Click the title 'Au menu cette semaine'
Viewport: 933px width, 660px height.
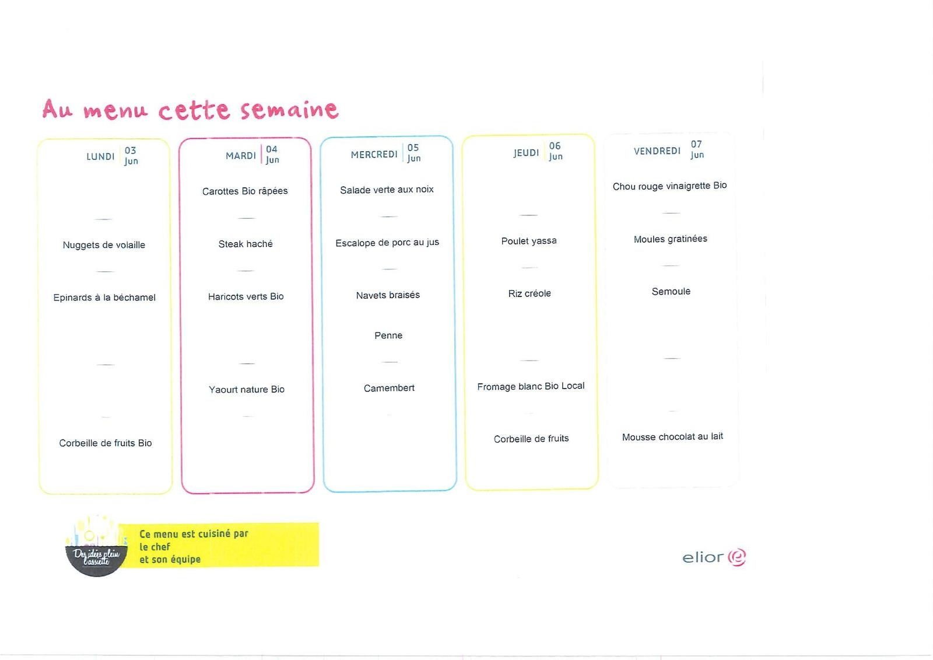coord(190,110)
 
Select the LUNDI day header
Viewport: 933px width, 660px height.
coord(100,157)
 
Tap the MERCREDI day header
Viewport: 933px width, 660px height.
coord(374,155)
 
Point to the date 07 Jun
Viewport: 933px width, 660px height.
coord(697,149)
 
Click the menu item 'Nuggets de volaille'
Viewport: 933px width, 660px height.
coord(104,245)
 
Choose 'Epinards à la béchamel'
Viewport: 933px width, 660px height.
coord(104,298)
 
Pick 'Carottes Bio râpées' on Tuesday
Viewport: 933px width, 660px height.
coord(245,191)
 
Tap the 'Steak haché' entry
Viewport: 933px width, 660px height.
coord(245,244)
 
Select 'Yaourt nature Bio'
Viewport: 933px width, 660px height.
coord(247,389)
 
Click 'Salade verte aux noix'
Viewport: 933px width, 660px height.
coord(387,190)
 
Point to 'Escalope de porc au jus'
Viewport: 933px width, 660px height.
coord(387,243)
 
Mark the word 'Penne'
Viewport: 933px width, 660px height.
coord(388,336)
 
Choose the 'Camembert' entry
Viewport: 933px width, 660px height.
coord(388,388)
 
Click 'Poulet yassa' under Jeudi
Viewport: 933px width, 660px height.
coord(528,241)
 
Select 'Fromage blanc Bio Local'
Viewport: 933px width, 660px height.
coord(531,386)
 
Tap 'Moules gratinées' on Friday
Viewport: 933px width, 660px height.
coord(670,239)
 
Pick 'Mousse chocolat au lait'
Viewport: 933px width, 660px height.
coord(672,437)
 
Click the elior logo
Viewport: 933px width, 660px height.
coord(714,557)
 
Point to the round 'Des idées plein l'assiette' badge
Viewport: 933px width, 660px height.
coord(96,547)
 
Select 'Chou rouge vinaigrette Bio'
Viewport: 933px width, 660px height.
coord(669,186)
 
